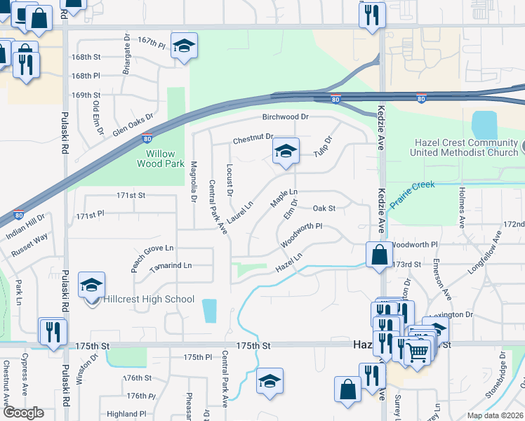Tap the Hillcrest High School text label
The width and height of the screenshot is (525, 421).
(x=149, y=300)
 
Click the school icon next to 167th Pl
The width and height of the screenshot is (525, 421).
(x=184, y=46)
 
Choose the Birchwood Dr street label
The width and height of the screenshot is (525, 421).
(x=286, y=117)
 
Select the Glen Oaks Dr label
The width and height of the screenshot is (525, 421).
(x=132, y=123)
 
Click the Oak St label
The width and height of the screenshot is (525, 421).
(x=324, y=208)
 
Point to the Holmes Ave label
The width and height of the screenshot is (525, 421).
(x=462, y=207)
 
